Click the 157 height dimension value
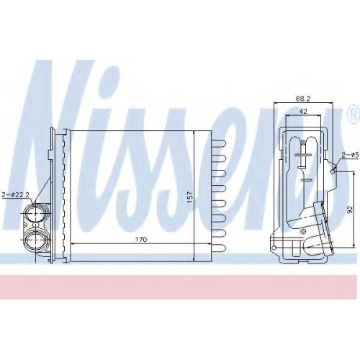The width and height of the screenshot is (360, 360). [189, 197]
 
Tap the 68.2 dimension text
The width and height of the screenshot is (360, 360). [303, 99]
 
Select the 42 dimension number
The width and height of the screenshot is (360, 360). [303, 111]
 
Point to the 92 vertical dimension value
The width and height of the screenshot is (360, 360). [350, 210]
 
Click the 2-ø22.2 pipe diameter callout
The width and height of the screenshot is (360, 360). [15, 194]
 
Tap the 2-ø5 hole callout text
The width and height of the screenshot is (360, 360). [351, 155]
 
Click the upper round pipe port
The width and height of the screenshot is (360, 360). [35, 213]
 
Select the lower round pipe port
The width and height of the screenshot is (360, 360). [35, 240]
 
